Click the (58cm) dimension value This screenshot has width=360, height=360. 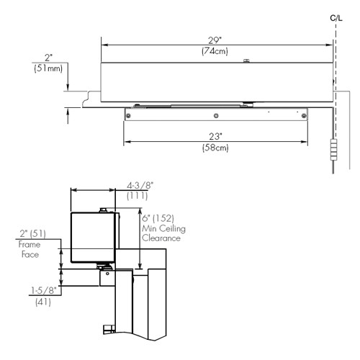[x=216, y=147]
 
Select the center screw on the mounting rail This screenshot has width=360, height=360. [x=216, y=115]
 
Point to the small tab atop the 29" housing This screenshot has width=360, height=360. [x=246, y=60]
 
